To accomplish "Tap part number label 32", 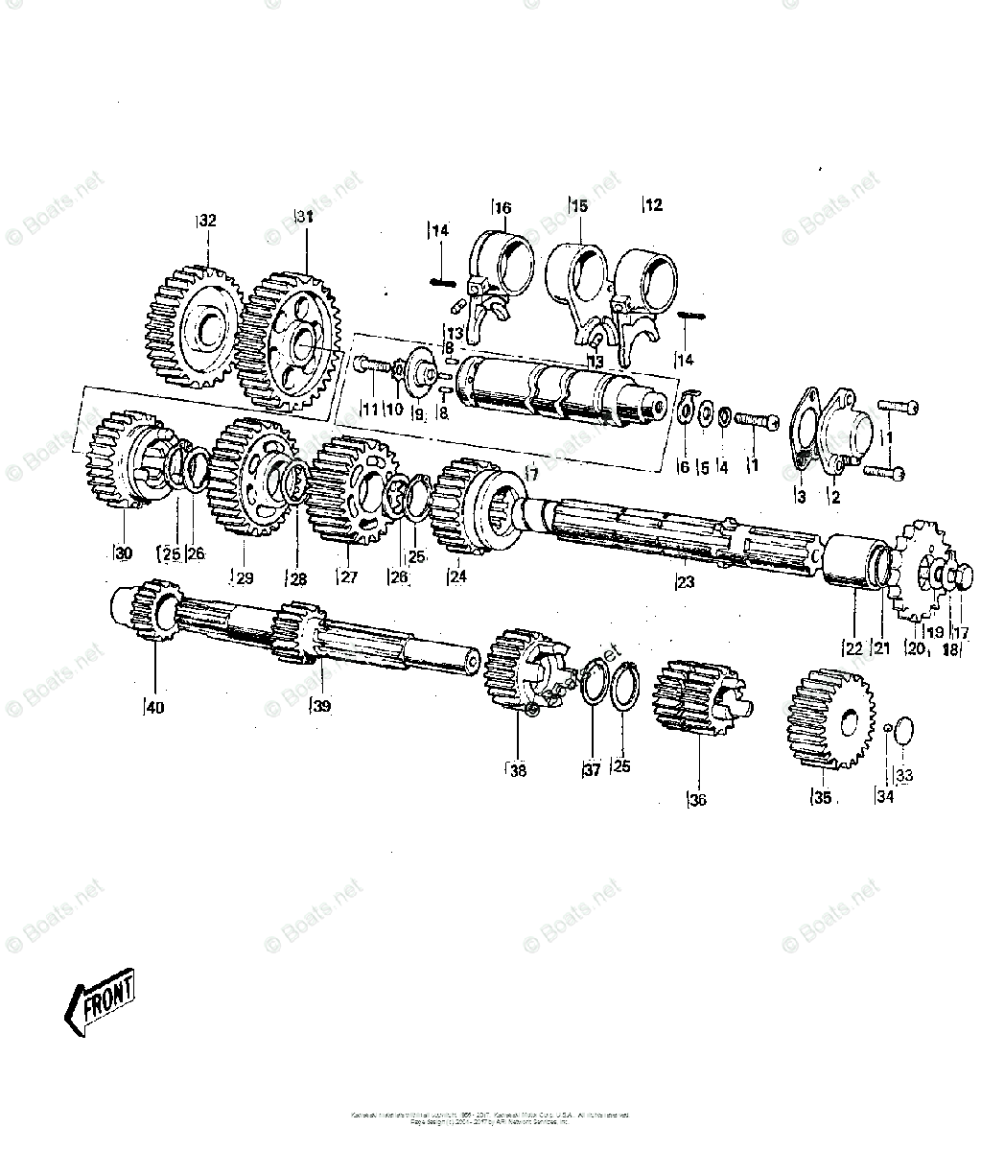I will (207, 221).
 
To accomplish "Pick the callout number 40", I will (154, 708).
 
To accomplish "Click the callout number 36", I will (697, 799).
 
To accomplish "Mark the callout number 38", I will (518, 769).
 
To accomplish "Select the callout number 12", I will (653, 204).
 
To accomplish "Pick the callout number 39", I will (321, 707).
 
